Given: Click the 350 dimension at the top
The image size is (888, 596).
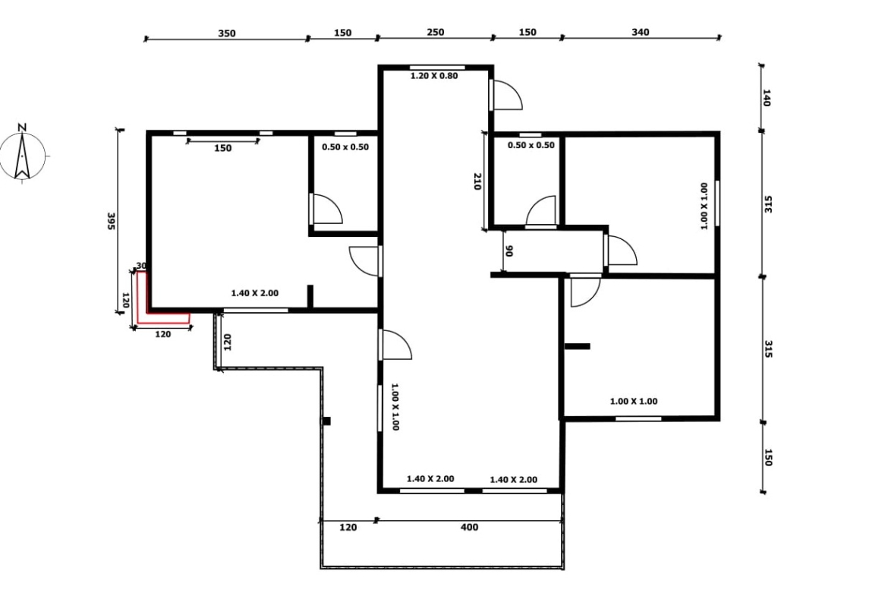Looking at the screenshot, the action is (226, 33).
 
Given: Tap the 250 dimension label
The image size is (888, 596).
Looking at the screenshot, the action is (435, 33).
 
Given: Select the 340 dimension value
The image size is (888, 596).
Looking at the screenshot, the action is (641, 33).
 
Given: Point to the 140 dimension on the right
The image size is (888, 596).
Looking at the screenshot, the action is (767, 97).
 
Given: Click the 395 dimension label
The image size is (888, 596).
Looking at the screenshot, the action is (111, 222).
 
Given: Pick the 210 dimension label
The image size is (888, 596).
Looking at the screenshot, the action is (477, 181).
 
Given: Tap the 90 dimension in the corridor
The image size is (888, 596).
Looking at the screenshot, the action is (509, 251).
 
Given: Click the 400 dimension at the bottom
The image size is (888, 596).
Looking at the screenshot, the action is (470, 528).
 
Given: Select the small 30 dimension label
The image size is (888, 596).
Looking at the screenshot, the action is (142, 266).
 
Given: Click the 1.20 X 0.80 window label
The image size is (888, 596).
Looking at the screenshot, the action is (434, 76).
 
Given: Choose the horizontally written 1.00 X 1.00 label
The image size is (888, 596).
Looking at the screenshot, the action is (634, 402).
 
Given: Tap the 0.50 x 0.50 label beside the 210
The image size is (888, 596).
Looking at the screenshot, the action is (531, 145).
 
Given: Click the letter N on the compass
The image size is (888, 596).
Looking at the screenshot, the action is (22, 127).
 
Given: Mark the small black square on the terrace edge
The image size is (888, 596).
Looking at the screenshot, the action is (327, 421).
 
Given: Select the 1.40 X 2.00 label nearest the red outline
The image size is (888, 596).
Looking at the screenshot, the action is (255, 294).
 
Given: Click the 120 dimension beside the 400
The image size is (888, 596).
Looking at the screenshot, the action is (348, 528).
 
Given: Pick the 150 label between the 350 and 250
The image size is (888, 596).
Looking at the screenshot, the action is (342, 33).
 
